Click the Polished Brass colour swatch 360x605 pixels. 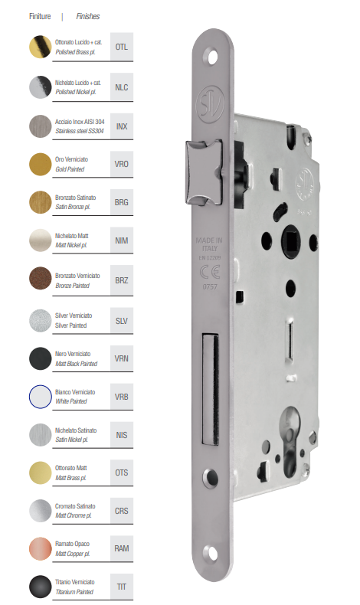tap(41, 47)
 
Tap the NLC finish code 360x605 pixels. tap(122, 87)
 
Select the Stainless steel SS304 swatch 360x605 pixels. tap(41, 126)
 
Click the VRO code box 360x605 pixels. tap(122, 164)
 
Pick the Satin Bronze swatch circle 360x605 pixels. tap(41, 202)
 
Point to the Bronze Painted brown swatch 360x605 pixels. tap(41, 278)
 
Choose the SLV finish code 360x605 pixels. tap(122, 321)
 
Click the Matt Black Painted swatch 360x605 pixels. tap(41, 358)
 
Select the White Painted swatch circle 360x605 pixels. tap(41, 397)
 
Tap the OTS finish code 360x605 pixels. tap(122, 473)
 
